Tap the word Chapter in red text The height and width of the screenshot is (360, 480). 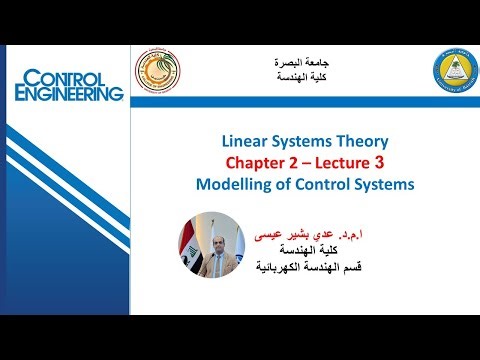pyautogui.click(x=258, y=163)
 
